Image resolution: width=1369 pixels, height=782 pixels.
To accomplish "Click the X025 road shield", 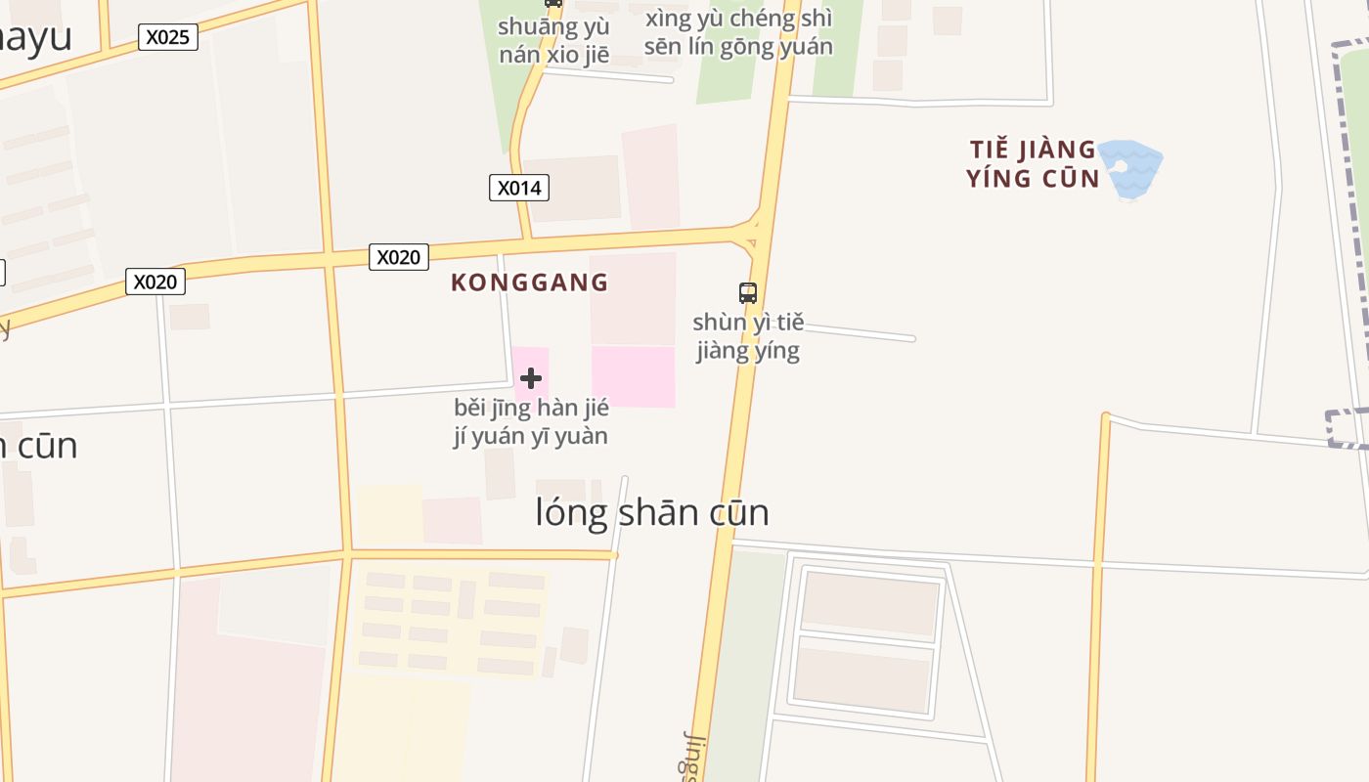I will [x=167, y=37].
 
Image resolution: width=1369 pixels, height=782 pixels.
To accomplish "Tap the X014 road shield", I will [x=518, y=188].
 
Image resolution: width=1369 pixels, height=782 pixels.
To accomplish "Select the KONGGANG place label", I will [x=530, y=282].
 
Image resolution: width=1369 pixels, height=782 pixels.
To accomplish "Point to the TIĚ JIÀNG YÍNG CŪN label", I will [x=1033, y=163].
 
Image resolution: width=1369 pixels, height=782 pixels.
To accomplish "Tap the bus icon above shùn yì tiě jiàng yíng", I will [x=748, y=292].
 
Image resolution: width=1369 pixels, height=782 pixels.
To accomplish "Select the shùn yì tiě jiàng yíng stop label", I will [x=748, y=336].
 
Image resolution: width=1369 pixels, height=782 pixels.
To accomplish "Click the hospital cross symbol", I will [x=531, y=377].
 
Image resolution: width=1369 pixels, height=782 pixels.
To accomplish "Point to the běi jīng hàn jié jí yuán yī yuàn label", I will [x=531, y=421].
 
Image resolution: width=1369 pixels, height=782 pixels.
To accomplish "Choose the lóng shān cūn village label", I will [x=652, y=512].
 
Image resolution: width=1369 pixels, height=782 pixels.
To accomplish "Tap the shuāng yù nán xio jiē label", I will [x=553, y=40].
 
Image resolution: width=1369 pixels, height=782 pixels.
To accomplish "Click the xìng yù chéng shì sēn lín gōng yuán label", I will [x=739, y=32].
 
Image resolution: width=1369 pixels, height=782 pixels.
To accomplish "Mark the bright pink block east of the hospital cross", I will [x=634, y=376].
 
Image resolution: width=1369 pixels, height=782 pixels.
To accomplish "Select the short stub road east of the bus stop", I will [x=859, y=333].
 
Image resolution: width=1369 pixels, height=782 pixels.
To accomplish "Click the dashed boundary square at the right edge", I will [x=1347, y=429].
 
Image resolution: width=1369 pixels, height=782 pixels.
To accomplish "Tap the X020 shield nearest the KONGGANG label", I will [x=399, y=257].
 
